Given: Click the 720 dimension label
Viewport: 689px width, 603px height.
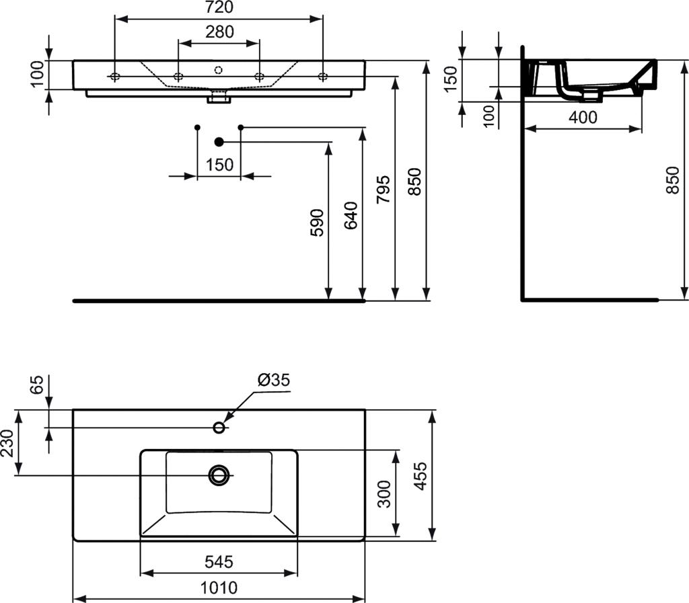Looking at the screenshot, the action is (219, 7).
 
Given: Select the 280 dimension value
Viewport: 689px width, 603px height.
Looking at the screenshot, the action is (219, 32).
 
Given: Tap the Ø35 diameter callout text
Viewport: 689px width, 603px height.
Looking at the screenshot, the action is (275, 380).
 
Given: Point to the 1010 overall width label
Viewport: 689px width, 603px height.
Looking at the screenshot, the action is (219, 587).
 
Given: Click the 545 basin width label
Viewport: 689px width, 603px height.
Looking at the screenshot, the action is (219, 561).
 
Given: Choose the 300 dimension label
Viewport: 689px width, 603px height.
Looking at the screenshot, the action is (384, 493).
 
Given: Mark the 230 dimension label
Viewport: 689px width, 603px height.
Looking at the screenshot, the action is (7, 443).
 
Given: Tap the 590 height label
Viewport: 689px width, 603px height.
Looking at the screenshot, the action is (317, 223).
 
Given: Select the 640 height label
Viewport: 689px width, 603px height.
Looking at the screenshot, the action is (351, 216).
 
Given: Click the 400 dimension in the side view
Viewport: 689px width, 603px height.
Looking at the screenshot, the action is (583, 117).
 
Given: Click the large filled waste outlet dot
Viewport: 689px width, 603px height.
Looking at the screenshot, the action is (219, 141).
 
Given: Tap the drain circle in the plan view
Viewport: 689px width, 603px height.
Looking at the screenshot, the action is (219, 475).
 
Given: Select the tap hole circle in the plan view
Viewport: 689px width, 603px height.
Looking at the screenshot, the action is (219, 427).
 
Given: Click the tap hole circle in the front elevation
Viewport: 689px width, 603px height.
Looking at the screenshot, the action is (219, 70).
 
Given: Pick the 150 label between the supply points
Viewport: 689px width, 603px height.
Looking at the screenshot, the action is (219, 165).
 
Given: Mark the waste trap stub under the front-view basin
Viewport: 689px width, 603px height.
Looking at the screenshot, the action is (219, 97).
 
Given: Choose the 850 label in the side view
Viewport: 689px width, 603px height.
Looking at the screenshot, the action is (673, 180).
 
